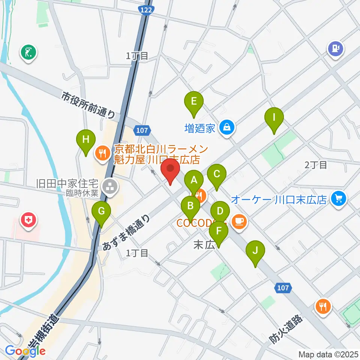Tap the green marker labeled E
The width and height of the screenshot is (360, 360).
193,101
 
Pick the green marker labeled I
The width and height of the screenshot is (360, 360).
274,117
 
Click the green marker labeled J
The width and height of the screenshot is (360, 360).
255,250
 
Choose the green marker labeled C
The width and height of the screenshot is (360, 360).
216,174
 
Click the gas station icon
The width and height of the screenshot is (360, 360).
335,48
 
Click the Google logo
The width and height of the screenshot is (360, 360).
25,351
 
